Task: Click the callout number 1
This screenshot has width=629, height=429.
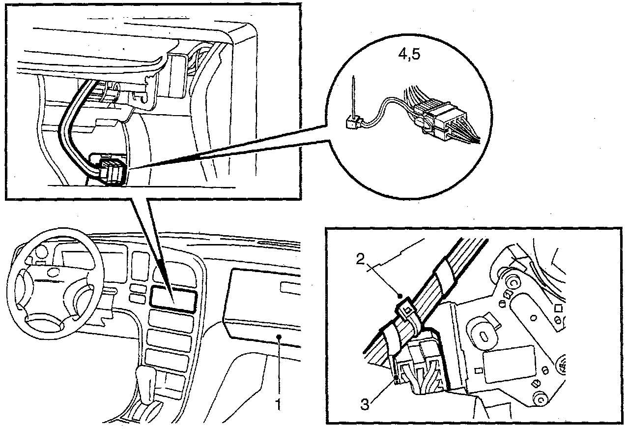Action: click(x=278, y=404)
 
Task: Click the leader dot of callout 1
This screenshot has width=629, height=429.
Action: click(x=279, y=337)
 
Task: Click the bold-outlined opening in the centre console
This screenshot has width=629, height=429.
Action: click(x=173, y=299)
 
